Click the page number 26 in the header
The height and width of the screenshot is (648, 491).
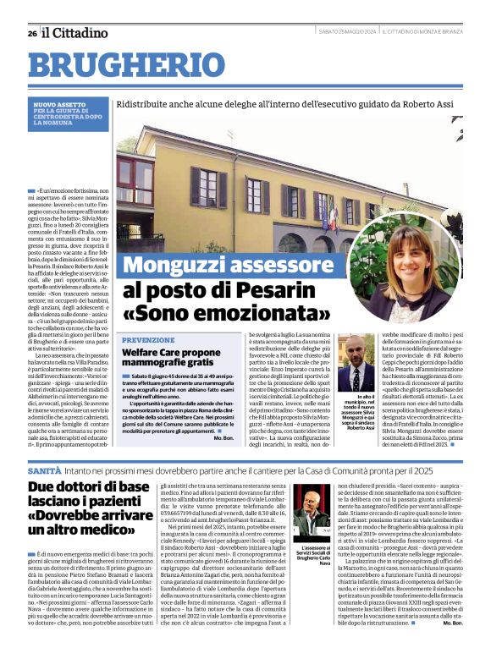31,33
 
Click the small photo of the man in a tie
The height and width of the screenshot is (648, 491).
356,363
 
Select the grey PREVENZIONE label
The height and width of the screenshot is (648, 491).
148,339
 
